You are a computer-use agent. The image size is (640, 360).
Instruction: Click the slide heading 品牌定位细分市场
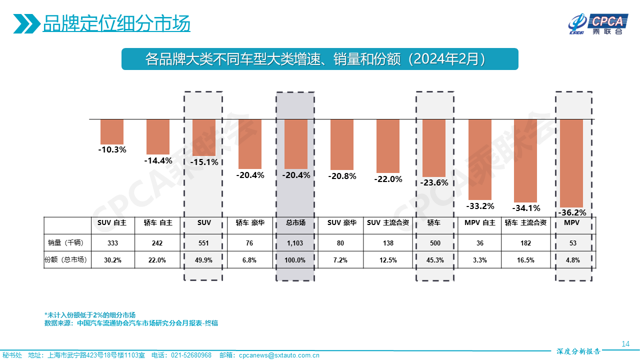(116, 23)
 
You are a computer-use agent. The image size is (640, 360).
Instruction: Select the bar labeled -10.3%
(111, 132)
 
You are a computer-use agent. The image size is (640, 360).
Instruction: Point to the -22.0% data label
(388, 179)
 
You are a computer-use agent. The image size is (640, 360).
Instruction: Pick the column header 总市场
(295, 223)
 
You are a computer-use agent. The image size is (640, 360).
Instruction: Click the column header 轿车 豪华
(249, 223)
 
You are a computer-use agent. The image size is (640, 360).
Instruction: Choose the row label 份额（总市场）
(66, 260)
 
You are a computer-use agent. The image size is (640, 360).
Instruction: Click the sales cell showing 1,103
(295, 243)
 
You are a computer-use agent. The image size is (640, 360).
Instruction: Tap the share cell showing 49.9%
(203, 260)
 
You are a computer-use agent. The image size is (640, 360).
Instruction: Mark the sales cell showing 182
(525, 243)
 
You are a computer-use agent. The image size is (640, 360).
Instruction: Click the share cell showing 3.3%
(479, 260)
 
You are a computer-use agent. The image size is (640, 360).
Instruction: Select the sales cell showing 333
(112, 243)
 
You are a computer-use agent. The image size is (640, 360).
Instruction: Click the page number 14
(625, 343)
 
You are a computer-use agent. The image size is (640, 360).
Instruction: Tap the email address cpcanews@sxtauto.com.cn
(279, 355)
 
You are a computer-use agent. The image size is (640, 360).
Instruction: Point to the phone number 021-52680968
(191, 355)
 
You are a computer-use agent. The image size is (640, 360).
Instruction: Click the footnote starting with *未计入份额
(90, 315)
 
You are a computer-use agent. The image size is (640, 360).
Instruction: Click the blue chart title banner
(319, 59)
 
